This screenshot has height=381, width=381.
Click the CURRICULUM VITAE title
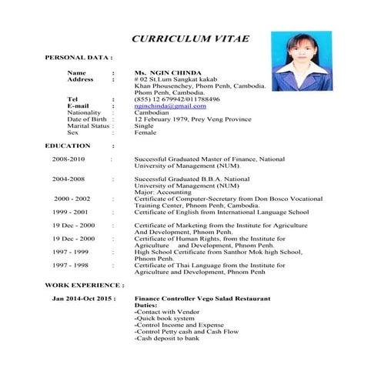[x=190, y=39]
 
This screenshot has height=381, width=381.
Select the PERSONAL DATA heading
[x=79, y=58]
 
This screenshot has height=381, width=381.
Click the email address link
[x=169, y=105]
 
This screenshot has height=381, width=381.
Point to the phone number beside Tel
[x=176, y=99]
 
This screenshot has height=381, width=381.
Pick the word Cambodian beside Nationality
[x=153, y=112]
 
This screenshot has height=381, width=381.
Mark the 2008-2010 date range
[x=69, y=159]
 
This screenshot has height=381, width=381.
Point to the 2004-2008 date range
[x=69, y=179]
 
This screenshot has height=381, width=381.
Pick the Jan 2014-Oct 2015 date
[x=83, y=298]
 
